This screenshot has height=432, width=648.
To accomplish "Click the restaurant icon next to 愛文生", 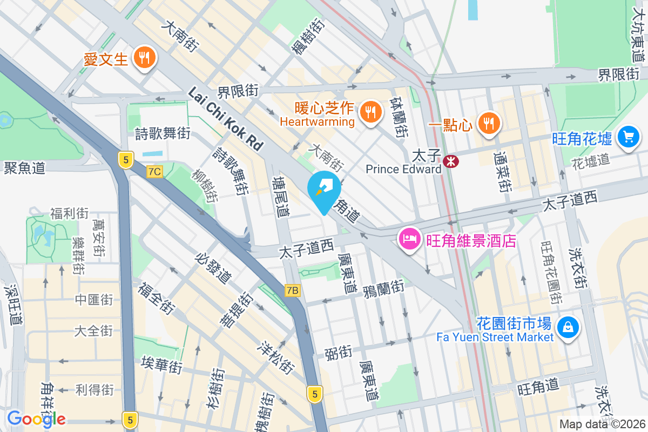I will point(144,57).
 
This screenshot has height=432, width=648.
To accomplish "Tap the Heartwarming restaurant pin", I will point(370,112).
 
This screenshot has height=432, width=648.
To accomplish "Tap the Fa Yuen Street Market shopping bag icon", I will point(568,327).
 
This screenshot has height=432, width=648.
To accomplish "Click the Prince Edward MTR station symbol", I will point(449,160).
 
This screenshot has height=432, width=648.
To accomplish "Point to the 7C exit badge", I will point(154,172).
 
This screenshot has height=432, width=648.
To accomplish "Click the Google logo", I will point(36,418).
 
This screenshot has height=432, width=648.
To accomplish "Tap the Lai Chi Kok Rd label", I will point(225,119).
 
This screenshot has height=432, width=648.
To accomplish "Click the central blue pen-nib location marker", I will point(324,189).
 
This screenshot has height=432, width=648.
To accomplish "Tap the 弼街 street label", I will point(338,353).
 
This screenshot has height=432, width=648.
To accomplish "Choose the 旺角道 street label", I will point(538,387).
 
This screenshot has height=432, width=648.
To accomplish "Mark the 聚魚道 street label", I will point(24,168).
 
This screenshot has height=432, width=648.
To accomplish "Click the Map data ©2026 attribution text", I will point(602,424).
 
